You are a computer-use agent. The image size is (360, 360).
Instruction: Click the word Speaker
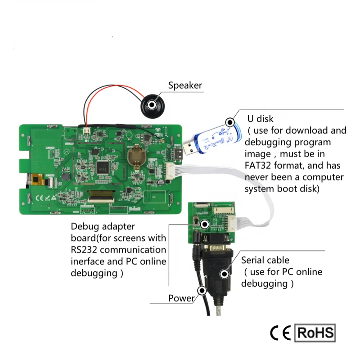185,85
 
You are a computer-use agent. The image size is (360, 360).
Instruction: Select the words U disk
260,119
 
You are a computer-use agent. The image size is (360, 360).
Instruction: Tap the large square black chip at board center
103,166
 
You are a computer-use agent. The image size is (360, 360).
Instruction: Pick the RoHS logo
315,333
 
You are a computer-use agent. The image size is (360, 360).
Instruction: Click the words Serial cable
265,260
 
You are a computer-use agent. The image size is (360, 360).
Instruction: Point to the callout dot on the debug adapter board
205,224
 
